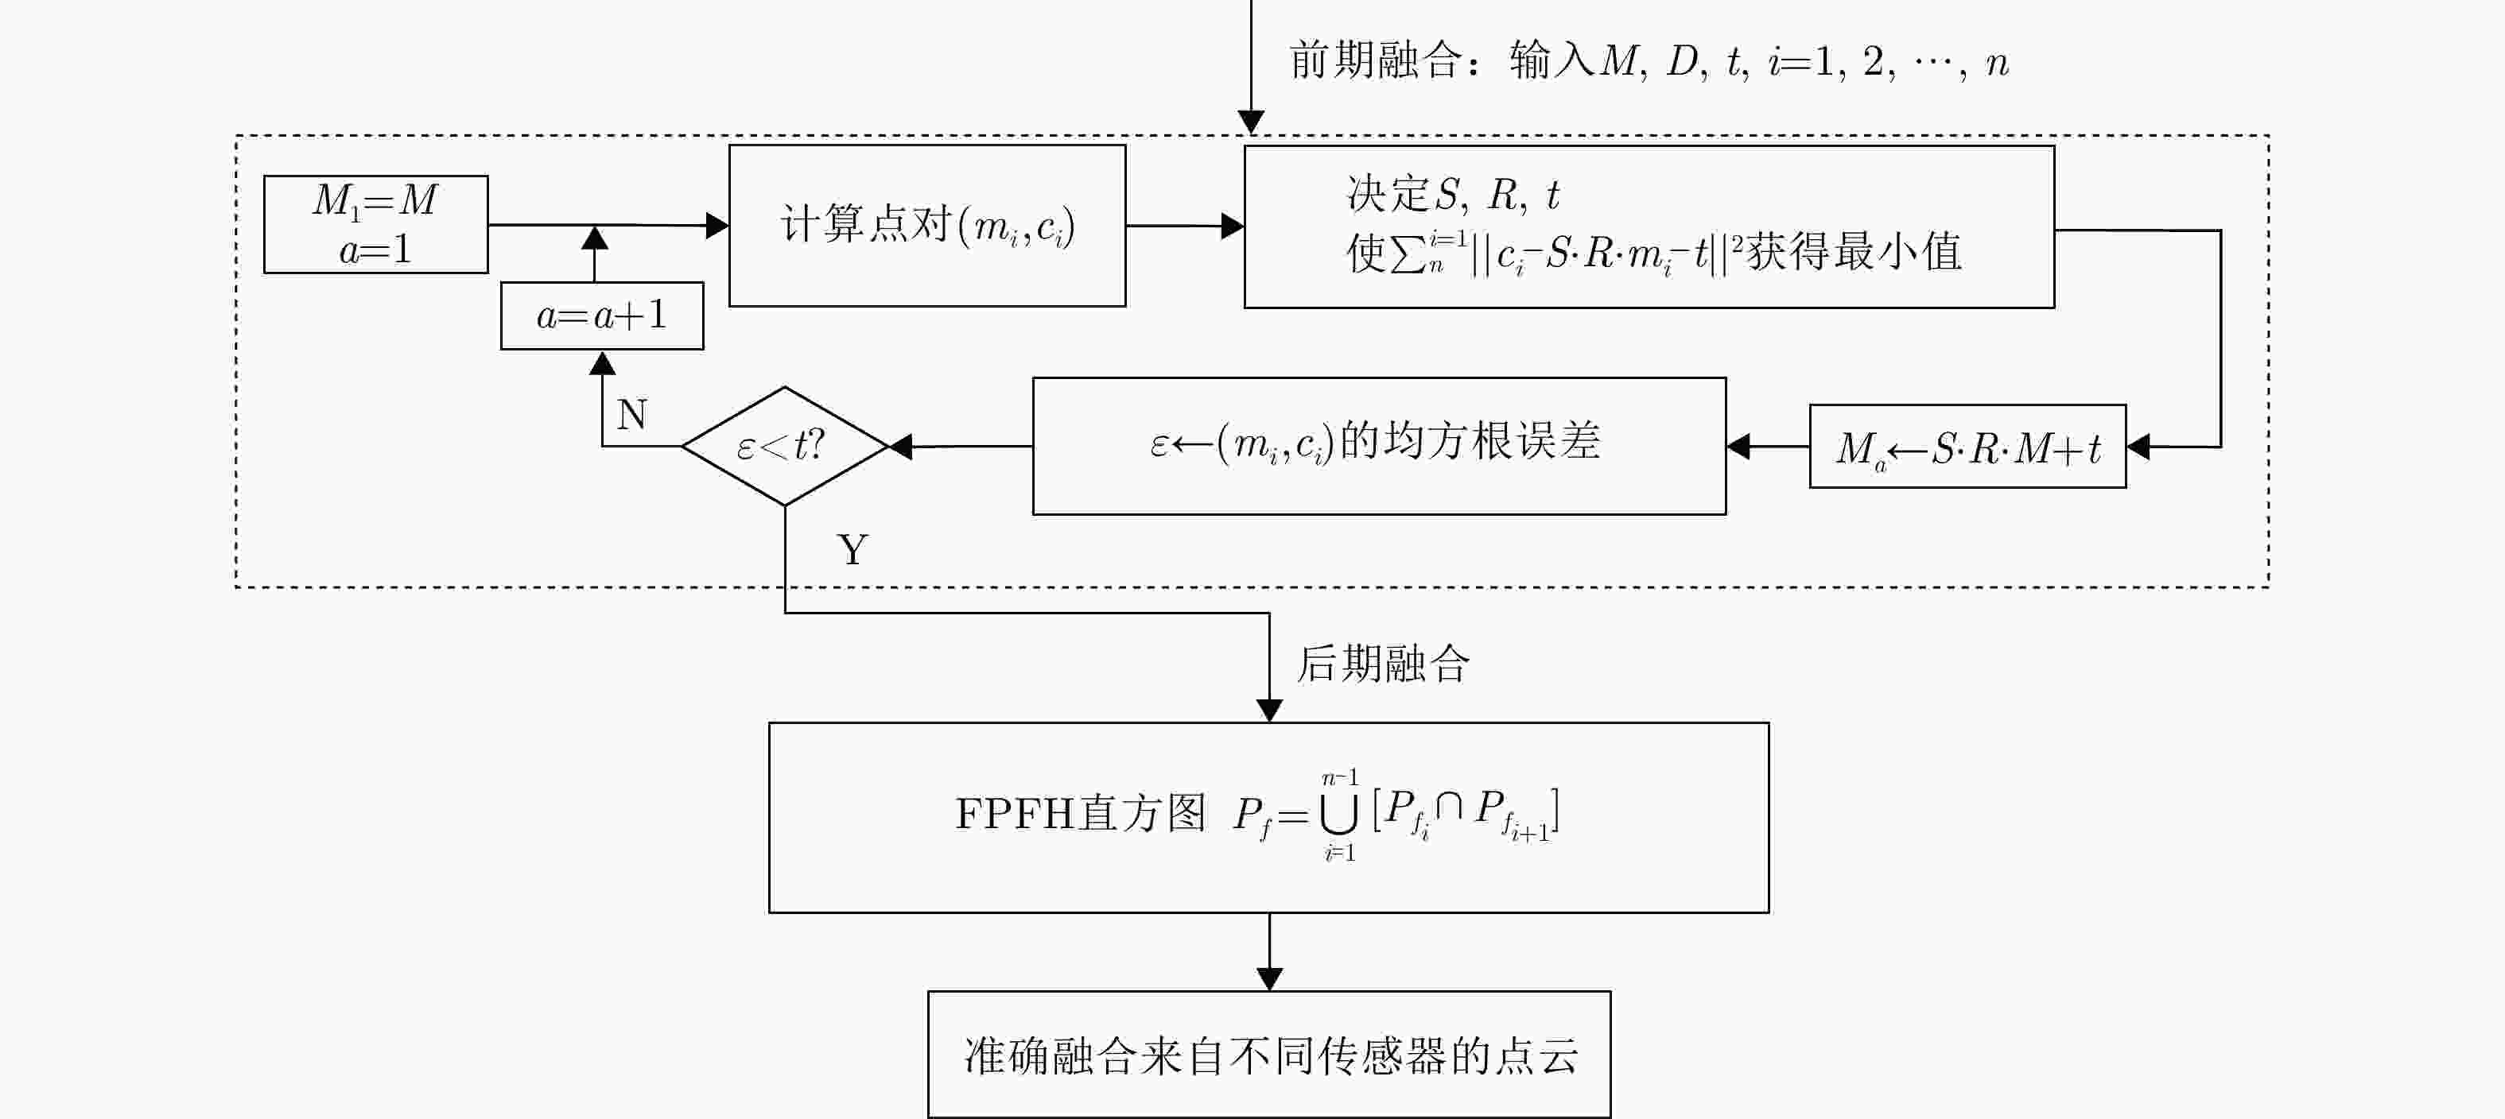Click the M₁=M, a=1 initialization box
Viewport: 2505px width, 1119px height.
point(375,225)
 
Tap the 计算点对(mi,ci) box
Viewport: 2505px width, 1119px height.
point(926,226)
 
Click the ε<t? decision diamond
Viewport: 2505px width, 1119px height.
point(784,446)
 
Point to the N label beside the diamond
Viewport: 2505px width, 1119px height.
point(632,415)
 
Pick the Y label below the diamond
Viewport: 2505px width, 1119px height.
point(852,550)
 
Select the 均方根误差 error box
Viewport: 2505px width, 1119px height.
point(1379,445)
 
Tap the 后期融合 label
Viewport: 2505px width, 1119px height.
point(1383,665)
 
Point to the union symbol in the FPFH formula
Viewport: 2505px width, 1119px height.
point(1339,815)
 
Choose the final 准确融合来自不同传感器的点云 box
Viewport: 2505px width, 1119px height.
point(1269,1055)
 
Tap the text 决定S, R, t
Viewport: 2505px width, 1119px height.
point(1452,195)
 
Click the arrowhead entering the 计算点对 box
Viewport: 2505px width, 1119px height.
point(717,226)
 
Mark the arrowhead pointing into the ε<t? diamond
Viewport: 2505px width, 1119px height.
point(900,446)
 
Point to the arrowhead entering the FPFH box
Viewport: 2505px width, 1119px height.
point(1269,711)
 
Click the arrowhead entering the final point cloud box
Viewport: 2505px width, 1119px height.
point(1269,979)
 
